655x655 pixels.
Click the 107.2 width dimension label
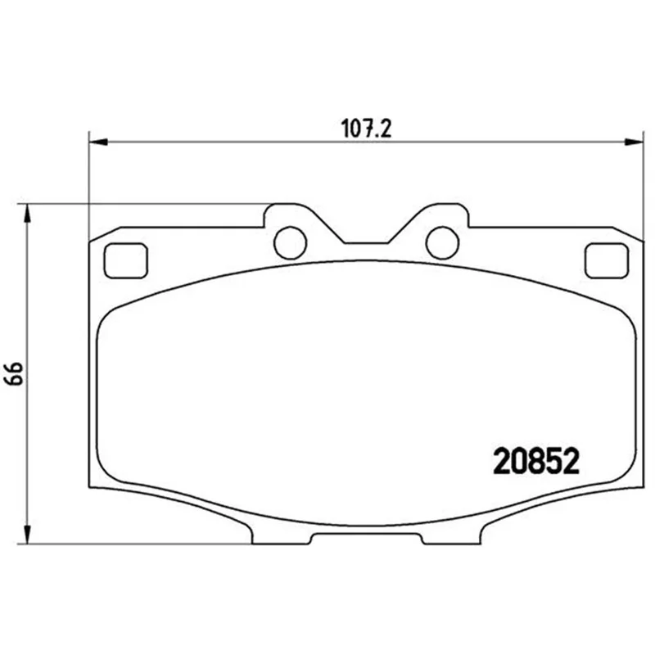[366, 129]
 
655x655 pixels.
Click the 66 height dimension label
[15, 373]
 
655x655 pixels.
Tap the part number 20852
[536, 461]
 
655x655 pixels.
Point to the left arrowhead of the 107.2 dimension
[98, 142]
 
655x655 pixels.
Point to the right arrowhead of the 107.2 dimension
[634, 142]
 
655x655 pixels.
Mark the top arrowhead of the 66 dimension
[27, 214]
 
